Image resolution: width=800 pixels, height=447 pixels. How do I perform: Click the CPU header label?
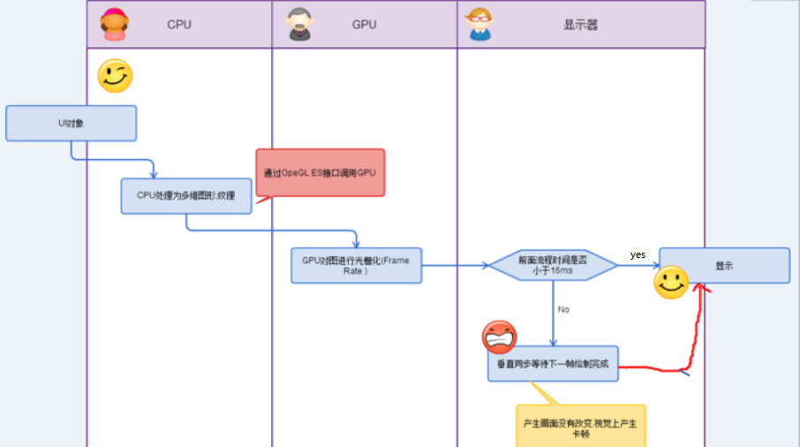tap(179, 25)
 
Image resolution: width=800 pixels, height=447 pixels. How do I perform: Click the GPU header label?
tap(364, 25)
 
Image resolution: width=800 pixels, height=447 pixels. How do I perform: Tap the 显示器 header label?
tap(580, 25)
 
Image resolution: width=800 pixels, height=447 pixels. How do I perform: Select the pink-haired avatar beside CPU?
tap(113, 25)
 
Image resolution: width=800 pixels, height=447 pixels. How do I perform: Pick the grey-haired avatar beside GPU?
tap(299, 25)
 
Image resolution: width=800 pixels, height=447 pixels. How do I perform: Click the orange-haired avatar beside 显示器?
tap(479, 24)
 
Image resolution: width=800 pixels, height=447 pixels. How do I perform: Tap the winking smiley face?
tap(115, 76)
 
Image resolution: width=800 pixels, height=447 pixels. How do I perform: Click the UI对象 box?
tap(72, 124)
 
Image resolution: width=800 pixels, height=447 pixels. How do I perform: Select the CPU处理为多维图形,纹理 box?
tap(186, 195)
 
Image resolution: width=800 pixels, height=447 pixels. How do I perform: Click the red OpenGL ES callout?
tap(321, 173)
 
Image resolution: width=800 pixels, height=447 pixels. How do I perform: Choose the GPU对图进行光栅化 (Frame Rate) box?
tap(357, 265)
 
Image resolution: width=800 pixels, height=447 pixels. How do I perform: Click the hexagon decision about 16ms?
tap(553, 265)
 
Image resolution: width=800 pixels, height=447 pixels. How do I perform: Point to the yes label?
tap(638, 254)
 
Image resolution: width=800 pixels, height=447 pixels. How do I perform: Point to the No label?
tap(563, 309)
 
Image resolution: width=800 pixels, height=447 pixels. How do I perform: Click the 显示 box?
tap(724, 265)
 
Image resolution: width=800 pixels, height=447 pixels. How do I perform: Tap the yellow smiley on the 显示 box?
tap(671, 284)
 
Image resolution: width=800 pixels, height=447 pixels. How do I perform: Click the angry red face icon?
tap(499, 337)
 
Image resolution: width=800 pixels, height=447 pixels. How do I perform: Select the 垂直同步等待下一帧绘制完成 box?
tap(553, 363)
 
